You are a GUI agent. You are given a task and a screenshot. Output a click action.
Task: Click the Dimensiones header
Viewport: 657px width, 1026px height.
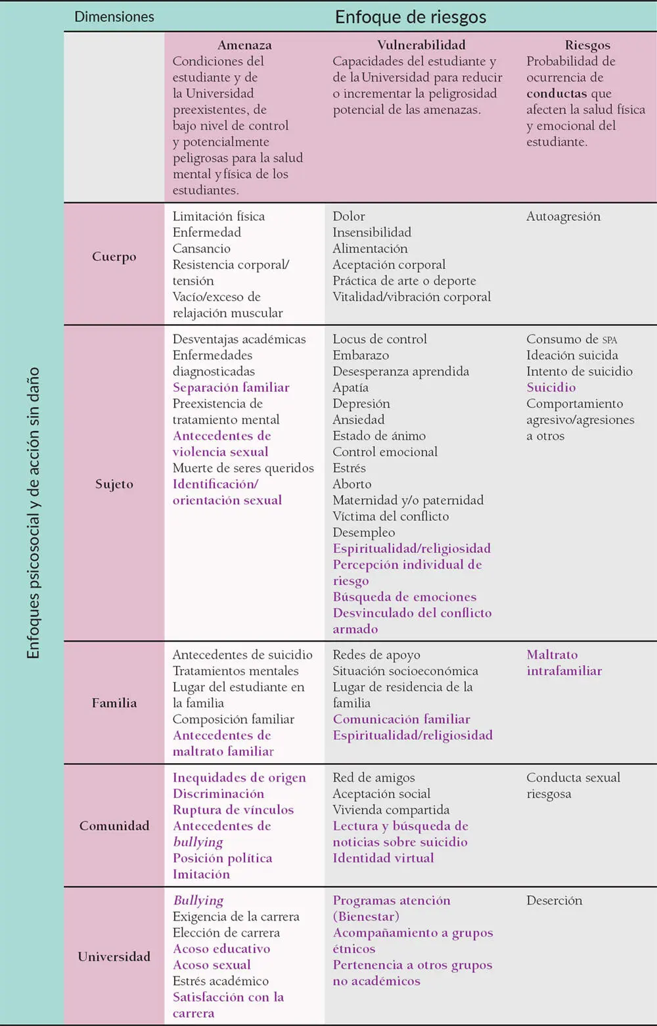pos(114,16)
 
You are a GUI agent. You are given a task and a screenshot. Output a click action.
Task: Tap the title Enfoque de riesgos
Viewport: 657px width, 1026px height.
pos(411,17)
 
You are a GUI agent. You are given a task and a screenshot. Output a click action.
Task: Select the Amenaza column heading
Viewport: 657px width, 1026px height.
pos(244,45)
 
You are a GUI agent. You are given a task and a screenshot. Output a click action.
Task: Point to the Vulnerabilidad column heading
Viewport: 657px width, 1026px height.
pos(421,45)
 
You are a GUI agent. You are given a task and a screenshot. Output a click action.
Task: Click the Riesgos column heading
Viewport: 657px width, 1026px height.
pos(587,45)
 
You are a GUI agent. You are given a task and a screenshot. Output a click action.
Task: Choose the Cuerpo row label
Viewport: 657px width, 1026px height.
pos(114,256)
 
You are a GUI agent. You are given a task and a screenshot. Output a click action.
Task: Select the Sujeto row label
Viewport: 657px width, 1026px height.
pos(114,484)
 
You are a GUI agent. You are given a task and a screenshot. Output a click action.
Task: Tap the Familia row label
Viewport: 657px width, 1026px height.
pos(114,703)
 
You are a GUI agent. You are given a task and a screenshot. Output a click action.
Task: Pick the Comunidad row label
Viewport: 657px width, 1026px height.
pos(114,826)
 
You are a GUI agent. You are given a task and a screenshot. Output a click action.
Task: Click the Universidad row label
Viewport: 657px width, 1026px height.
pos(114,956)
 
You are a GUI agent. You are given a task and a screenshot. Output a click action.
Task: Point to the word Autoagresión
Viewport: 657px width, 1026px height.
pos(563,216)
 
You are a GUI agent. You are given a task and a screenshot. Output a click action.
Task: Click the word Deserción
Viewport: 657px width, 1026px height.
pos(554,900)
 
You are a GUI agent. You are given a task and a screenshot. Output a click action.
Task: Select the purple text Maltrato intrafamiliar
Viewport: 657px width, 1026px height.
pos(564,663)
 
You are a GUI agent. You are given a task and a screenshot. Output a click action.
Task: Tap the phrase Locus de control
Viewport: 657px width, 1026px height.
pos(380,339)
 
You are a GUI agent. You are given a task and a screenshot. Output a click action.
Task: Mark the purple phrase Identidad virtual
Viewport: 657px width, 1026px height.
pos(383,858)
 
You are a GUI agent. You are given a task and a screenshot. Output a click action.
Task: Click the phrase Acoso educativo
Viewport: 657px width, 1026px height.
pos(221,948)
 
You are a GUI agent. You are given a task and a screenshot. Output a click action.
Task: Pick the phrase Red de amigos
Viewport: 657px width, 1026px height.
pos(373,778)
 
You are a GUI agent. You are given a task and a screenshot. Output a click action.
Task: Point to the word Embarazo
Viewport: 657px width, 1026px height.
pos(361,355)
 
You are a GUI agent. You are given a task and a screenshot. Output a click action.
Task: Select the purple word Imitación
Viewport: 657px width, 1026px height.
pos(201,874)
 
